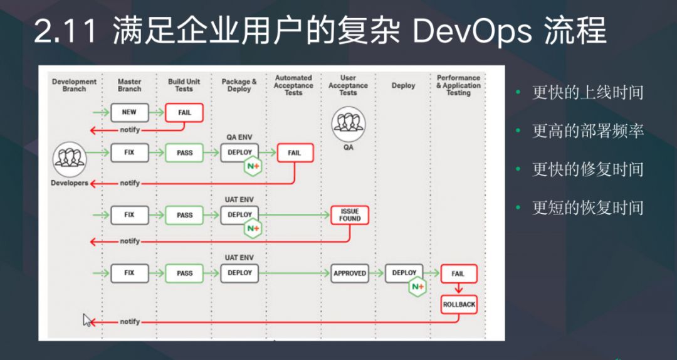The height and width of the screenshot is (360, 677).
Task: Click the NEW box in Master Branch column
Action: click(129, 112)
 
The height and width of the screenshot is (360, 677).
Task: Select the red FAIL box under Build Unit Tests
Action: click(184, 112)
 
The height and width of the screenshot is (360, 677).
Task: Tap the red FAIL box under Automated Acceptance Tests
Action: click(294, 152)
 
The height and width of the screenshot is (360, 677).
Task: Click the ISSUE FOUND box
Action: click(350, 215)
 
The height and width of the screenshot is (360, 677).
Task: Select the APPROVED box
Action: click(350, 273)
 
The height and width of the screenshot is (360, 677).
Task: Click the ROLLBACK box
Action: click(459, 304)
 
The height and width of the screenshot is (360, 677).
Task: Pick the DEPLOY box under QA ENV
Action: click(239, 152)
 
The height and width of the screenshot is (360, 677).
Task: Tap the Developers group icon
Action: click(70, 159)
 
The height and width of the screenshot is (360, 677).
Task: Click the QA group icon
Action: click(349, 122)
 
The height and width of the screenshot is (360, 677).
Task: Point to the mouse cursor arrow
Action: click(87, 320)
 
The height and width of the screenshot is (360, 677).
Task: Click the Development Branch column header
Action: click(74, 85)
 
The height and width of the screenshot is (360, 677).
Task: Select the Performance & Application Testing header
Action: click(458, 85)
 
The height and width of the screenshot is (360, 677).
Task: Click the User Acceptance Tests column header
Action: click(348, 85)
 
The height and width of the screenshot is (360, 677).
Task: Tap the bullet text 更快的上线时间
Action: click(587, 93)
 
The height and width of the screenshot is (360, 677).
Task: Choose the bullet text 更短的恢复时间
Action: click(587, 208)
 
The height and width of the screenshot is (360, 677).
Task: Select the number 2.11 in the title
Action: click(65, 31)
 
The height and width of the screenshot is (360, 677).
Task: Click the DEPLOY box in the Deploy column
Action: click(404, 273)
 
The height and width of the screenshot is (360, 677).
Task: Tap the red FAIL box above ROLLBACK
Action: click(458, 273)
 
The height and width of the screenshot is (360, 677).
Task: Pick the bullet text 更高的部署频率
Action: click(587, 131)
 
